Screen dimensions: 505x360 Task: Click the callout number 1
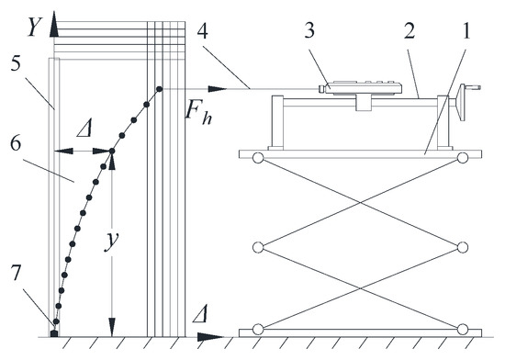[x=466, y=30]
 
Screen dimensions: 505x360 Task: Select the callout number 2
[x=409, y=30]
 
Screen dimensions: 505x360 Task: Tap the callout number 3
[x=309, y=30]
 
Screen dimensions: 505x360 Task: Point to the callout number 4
[x=202, y=30]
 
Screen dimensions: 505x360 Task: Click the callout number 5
[x=16, y=63]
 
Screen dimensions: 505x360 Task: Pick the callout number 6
[x=16, y=143]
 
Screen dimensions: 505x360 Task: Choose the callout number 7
[x=17, y=273]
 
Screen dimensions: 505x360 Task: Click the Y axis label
[x=34, y=27]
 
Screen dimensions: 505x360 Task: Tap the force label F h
[x=198, y=114]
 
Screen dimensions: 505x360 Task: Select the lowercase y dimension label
[x=112, y=240]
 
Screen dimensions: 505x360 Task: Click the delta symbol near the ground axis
[x=199, y=314]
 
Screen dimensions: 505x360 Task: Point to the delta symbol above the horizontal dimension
[x=84, y=129]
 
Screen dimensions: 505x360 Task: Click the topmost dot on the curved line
[x=159, y=88]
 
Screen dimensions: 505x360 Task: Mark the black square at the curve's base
[x=54, y=334]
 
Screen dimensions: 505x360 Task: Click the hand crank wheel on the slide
[x=463, y=102]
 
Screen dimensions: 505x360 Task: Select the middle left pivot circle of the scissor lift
[x=258, y=247]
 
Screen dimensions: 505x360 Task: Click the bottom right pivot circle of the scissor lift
[x=463, y=330]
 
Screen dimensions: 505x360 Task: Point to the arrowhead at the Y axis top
[x=54, y=23]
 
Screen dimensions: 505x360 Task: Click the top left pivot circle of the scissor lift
[x=258, y=158]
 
